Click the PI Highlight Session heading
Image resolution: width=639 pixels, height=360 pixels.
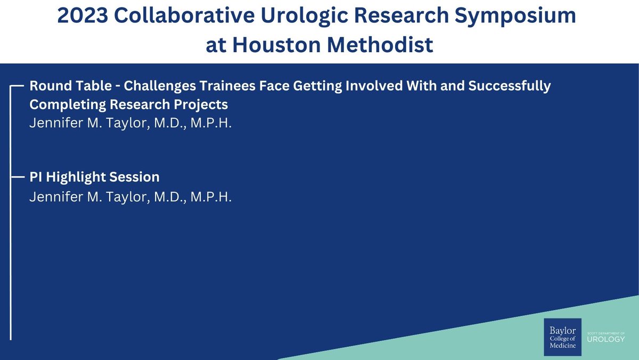click(x=94, y=177)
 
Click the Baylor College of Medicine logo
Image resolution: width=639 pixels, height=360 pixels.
click(x=562, y=337)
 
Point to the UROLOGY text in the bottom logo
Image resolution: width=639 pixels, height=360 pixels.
click(x=607, y=340)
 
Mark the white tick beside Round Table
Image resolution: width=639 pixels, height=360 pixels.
click(x=17, y=85)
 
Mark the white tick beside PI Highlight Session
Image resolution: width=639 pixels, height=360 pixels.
click(x=17, y=176)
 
